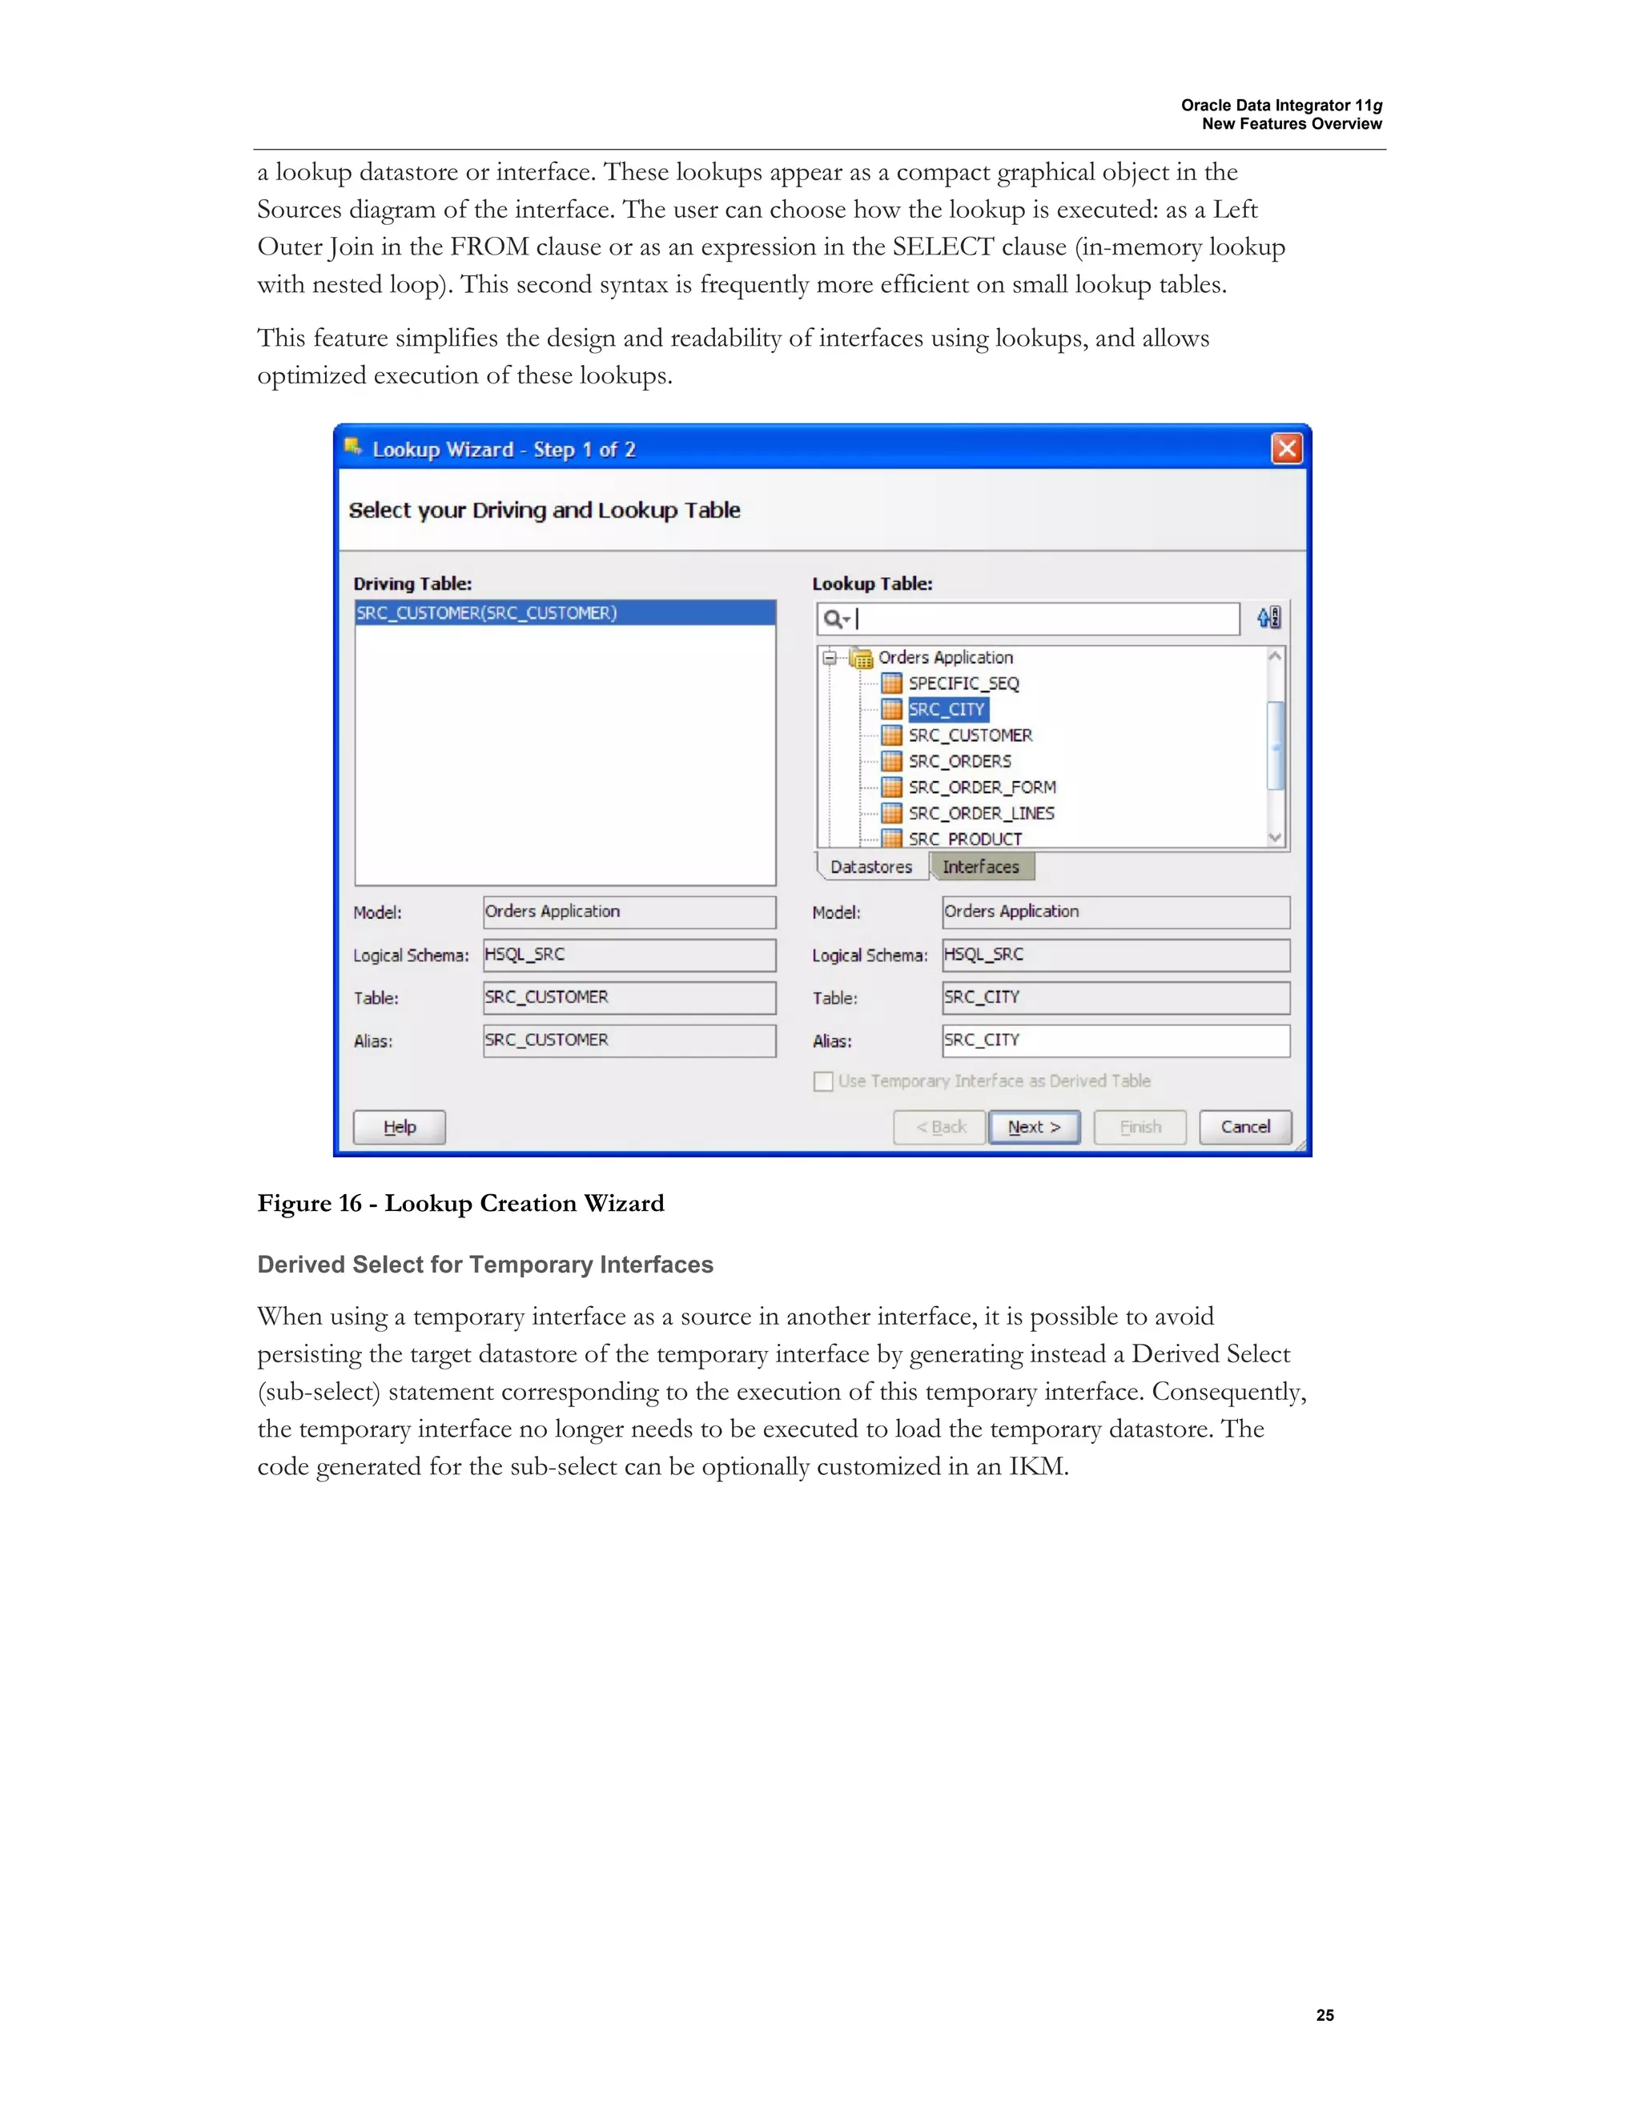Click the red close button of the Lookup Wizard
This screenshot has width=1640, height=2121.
(x=1286, y=449)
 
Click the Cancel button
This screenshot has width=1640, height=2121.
(x=1244, y=1127)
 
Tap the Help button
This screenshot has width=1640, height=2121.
(x=400, y=1127)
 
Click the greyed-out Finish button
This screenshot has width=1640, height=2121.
(x=1140, y=1127)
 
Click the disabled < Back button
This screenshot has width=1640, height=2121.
(x=939, y=1127)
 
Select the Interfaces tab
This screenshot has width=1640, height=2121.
(x=981, y=866)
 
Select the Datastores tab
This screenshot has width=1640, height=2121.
(x=871, y=866)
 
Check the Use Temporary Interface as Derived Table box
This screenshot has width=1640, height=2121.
(x=823, y=1081)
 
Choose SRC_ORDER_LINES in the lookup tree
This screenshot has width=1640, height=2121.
(x=980, y=813)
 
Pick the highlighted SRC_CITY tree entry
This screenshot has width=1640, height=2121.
(x=947, y=709)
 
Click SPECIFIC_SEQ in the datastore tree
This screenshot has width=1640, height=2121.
(x=963, y=683)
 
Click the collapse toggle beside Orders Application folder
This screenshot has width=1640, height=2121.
(x=830, y=657)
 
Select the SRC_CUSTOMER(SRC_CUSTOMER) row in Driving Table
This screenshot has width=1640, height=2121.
(x=565, y=613)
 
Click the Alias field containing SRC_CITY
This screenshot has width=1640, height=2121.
(x=1115, y=1040)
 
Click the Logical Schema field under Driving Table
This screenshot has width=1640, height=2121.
(x=629, y=955)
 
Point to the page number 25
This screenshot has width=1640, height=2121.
(x=1324, y=2015)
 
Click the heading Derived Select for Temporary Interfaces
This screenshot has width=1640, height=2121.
(x=484, y=1265)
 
